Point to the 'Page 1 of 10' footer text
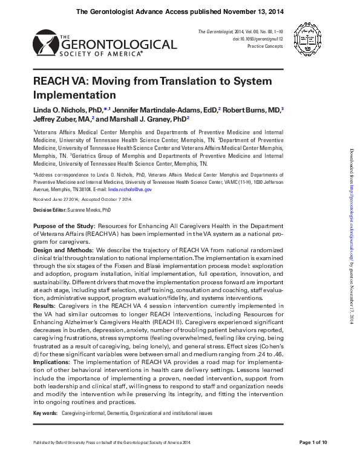[313, 443]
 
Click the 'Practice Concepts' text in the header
[266, 46]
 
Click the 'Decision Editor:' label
[51, 209]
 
